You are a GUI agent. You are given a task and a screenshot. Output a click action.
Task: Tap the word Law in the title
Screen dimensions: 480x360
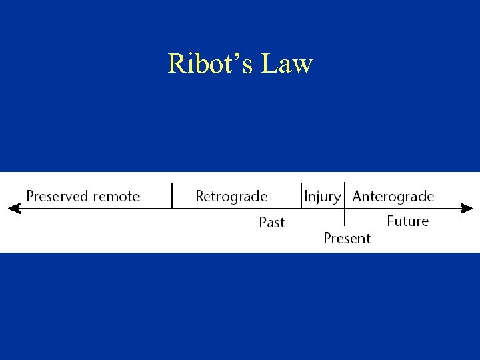point(287,64)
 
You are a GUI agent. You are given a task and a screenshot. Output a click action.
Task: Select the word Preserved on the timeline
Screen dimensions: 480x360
point(57,196)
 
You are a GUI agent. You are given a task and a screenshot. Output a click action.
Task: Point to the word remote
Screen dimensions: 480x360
point(117,196)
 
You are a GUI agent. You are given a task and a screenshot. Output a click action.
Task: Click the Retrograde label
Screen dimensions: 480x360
point(231,196)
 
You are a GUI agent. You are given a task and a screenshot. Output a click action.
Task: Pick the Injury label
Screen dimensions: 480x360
point(322,197)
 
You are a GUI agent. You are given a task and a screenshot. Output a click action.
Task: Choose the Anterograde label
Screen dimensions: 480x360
point(393,196)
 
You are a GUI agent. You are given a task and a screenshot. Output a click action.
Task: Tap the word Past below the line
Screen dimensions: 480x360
point(271,222)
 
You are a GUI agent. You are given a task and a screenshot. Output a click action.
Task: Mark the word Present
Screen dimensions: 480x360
point(347,238)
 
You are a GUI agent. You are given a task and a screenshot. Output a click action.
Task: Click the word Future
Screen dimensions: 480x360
point(407,221)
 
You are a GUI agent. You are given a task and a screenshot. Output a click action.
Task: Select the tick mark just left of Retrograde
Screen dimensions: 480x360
point(172,195)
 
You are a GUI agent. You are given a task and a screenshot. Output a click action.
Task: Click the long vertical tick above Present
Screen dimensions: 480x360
point(345,203)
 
